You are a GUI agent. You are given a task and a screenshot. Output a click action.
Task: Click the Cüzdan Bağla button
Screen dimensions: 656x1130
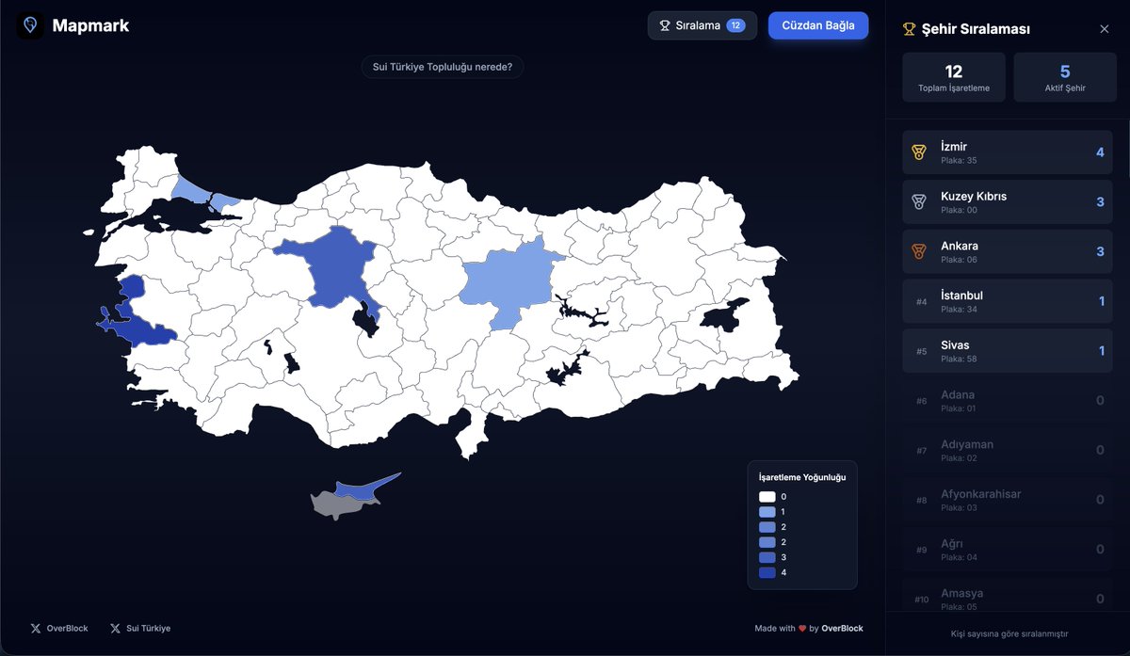(817, 25)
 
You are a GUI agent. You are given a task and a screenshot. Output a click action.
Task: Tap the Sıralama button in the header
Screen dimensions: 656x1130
(702, 25)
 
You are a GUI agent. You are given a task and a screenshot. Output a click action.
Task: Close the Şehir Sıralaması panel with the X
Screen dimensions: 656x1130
(1105, 29)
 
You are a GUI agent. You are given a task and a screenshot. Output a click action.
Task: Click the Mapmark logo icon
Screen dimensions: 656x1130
(30, 25)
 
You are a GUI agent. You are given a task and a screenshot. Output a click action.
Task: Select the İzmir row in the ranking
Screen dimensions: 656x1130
(1007, 152)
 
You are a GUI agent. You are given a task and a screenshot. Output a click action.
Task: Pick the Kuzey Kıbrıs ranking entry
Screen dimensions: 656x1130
(1007, 202)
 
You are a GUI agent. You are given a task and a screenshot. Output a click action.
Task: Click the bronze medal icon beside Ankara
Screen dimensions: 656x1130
(919, 252)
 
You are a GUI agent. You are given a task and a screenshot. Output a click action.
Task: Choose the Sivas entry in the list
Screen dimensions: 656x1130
(1007, 351)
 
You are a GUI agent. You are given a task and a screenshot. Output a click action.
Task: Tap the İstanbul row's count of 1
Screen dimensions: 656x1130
(1101, 301)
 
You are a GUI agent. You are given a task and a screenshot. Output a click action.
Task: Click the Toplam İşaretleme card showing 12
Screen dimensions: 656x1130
(953, 77)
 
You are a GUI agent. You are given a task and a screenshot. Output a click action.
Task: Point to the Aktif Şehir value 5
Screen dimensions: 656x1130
(1065, 72)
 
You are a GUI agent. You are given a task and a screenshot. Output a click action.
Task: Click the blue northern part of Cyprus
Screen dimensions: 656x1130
(363, 489)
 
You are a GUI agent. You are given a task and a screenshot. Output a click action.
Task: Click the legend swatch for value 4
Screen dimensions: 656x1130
(767, 572)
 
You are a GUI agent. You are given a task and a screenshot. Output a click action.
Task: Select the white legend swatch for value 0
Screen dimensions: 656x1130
(767, 497)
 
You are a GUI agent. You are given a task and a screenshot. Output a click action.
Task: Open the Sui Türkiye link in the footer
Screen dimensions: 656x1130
(140, 628)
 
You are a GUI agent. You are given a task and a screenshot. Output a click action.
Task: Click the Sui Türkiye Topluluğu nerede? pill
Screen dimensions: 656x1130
(442, 67)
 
